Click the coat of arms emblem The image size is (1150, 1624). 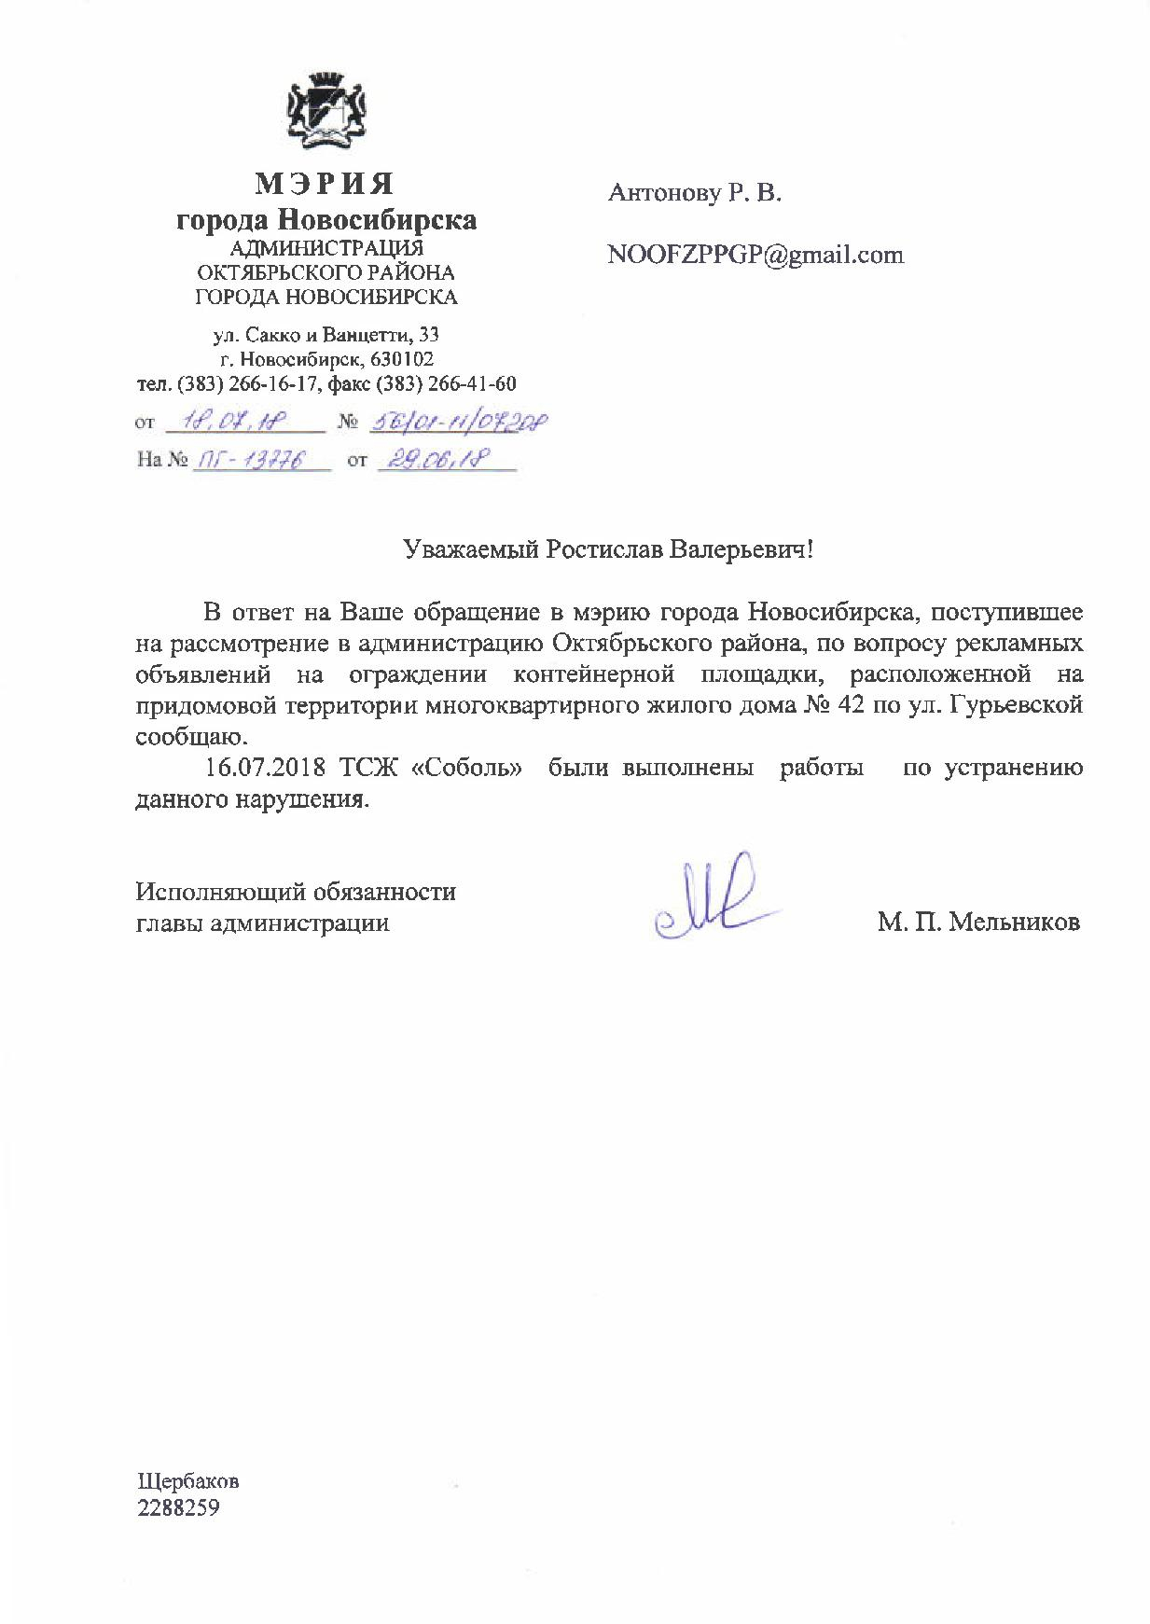tap(326, 110)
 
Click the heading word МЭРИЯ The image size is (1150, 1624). tap(326, 183)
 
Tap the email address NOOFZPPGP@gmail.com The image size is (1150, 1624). tap(755, 256)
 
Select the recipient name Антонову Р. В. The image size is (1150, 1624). tap(694, 193)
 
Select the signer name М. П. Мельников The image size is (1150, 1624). tap(978, 923)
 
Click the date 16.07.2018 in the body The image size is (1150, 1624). tap(264, 769)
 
